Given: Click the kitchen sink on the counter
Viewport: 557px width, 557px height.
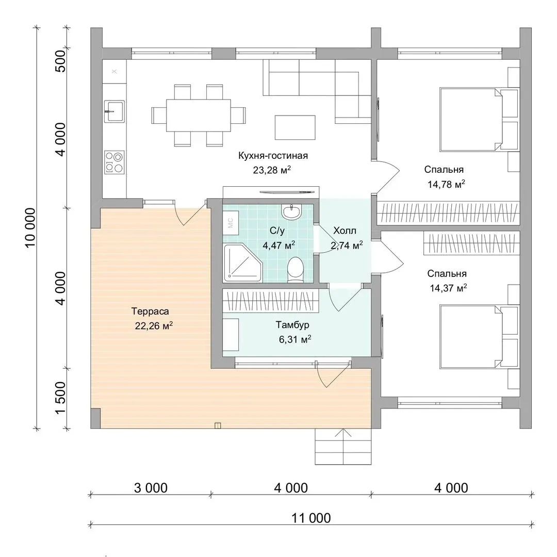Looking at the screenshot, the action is click(x=114, y=111).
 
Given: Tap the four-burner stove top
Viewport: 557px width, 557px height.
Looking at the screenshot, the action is click(x=114, y=162).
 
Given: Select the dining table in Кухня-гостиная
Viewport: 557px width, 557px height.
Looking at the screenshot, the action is click(x=199, y=116).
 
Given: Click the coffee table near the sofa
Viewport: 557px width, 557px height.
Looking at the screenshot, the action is click(x=295, y=127).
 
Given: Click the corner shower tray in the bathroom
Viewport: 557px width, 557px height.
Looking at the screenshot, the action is click(x=242, y=263).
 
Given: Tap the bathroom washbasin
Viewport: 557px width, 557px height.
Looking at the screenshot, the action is click(x=291, y=211).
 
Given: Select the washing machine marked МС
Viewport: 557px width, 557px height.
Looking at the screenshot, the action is click(x=231, y=223).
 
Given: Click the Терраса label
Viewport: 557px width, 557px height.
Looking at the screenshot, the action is click(x=150, y=311).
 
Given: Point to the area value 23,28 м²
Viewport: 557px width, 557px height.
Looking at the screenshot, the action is click(x=272, y=170).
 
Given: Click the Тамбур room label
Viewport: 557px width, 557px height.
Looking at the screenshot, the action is click(x=292, y=325).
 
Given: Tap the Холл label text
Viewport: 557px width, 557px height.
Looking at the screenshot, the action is click(x=345, y=231).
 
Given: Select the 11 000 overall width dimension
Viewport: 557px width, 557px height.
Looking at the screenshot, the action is click(x=311, y=518).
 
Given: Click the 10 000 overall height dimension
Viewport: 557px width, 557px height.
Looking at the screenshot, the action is click(x=30, y=227).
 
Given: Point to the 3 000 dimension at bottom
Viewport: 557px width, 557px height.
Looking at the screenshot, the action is click(x=151, y=488).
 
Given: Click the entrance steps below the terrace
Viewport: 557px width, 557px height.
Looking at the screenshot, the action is click(x=343, y=447).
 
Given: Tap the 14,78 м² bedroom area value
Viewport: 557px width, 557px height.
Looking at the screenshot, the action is click(x=446, y=184).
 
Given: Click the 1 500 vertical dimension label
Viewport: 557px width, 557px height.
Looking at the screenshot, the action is click(x=61, y=398).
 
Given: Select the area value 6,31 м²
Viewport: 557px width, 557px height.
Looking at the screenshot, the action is click(x=295, y=339).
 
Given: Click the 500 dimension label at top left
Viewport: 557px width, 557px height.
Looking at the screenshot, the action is click(x=61, y=61).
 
